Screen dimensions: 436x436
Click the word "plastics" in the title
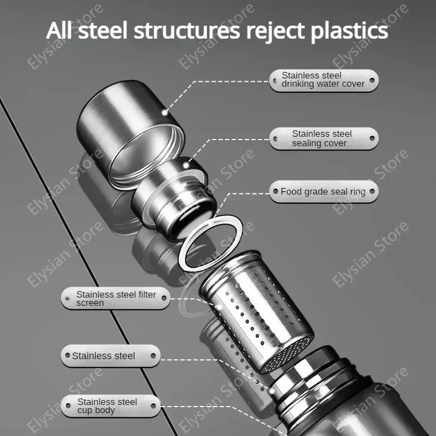349,31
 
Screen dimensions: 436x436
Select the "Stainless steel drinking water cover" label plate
324,80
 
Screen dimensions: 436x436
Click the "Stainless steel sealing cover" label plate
323,138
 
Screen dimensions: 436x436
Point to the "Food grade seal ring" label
324,192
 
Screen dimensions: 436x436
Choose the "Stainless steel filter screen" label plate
116,298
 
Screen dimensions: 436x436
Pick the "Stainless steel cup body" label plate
110,406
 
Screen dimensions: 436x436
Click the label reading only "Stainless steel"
110,356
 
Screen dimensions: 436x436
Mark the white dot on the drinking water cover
165,113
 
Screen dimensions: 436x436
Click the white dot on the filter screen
219,308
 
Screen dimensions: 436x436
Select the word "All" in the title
59,31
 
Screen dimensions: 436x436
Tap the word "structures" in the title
186,31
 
